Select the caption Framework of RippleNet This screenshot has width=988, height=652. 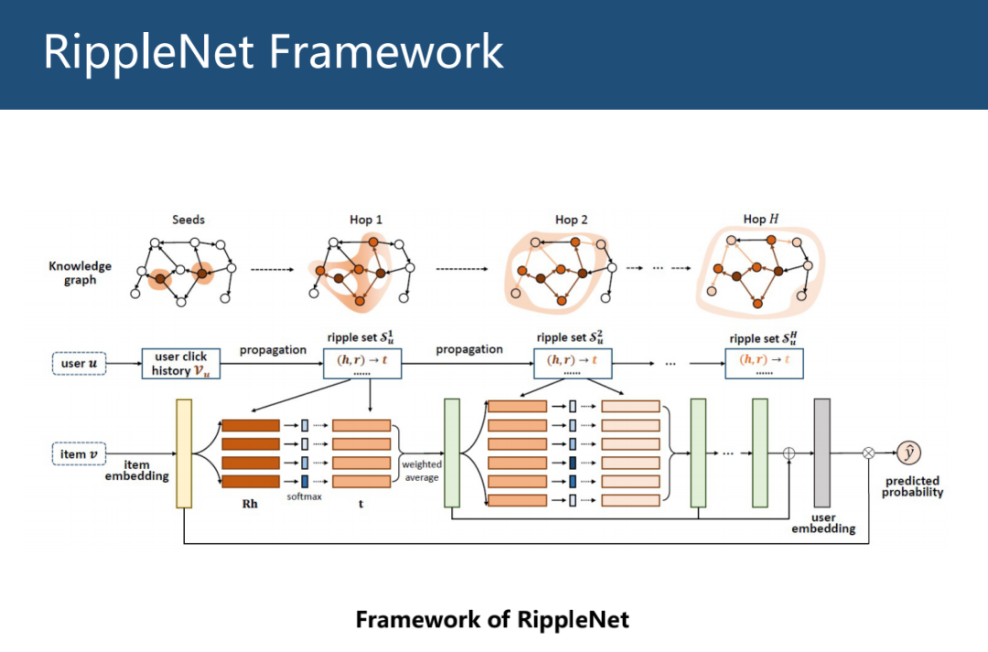coord(492,619)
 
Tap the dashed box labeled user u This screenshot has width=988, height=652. coord(80,364)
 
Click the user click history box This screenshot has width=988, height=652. coord(182,363)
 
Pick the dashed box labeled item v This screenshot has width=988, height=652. coord(80,454)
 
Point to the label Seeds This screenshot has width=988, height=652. coord(188,220)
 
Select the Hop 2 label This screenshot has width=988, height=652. coord(571,220)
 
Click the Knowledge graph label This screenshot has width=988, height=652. coord(80,273)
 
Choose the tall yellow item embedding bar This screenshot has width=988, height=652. coord(184,453)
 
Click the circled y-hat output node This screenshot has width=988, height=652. coord(907,452)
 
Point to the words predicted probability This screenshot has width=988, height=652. coord(912,486)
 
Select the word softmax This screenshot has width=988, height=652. coord(304,497)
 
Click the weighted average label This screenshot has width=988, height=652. coord(422,471)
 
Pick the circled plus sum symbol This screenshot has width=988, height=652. coord(789,453)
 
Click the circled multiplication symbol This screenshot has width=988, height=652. coord(869,453)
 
